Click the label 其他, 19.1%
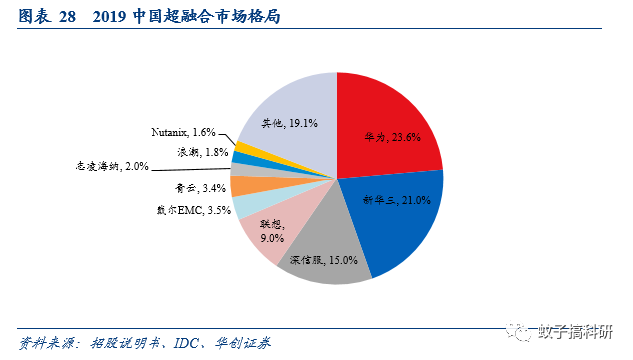tap(289, 124)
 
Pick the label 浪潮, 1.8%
tap(197, 151)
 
